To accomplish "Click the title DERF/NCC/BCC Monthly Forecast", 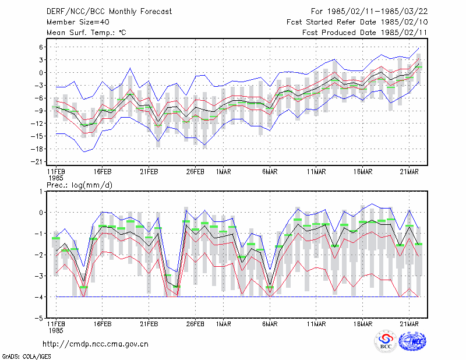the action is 109,12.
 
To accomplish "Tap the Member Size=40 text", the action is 78,22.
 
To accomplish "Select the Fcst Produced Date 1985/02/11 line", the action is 365,33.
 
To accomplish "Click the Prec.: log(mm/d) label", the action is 79,185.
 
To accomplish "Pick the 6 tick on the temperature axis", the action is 41,47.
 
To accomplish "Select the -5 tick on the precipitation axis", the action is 39,318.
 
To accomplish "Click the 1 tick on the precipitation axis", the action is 41,192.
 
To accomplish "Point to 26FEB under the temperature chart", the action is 195,172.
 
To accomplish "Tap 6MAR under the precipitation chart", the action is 270,324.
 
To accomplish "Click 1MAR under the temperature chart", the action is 223,172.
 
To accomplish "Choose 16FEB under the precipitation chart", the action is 103,324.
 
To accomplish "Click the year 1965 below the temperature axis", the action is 55,178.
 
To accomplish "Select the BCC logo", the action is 386,341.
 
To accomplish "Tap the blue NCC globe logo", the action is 412,341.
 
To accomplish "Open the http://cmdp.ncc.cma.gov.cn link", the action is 96,344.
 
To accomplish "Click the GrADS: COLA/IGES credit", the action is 26,357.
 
